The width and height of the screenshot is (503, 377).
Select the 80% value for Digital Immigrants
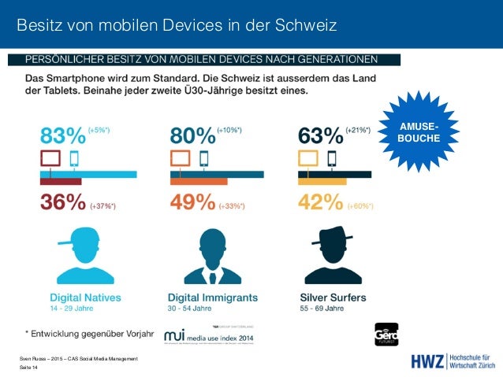coord(192,136)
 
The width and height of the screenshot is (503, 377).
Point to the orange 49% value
coord(192,203)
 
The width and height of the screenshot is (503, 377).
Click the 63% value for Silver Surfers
coord(319,136)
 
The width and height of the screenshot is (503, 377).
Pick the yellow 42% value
coord(319,203)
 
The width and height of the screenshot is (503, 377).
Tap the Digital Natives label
coord(80,298)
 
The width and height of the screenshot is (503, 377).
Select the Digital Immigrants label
coord(213,298)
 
